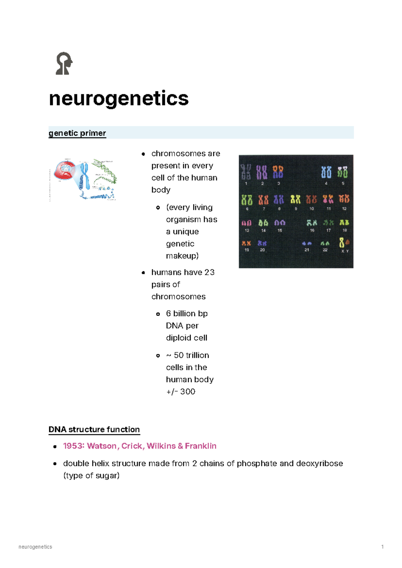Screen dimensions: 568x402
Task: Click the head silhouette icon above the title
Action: point(64,63)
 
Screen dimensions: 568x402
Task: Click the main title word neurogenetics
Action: point(119,98)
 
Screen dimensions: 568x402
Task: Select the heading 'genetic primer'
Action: point(77,133)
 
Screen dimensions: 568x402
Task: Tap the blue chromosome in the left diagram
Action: point(84,176)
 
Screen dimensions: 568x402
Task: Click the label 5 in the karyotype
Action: point(343,183)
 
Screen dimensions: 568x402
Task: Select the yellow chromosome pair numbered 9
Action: point(295,199)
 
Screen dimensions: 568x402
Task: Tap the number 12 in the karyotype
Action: point(344,209)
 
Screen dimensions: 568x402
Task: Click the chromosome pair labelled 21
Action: point(307,243)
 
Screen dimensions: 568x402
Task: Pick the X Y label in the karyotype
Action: point(345,251)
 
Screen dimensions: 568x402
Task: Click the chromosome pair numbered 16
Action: point(312,223)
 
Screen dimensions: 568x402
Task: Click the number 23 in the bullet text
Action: point(209,272)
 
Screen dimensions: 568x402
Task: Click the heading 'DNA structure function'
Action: point(94,429)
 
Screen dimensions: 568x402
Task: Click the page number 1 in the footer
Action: point(382,547)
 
